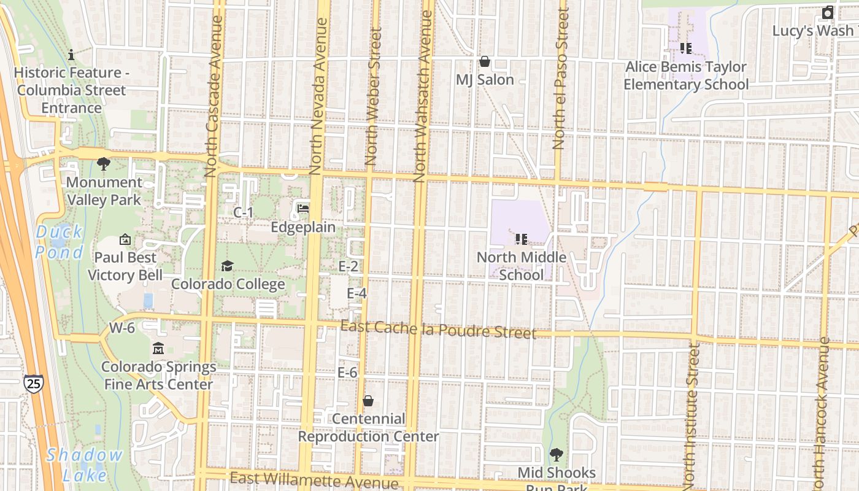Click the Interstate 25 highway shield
point(34,384)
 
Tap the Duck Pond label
point(59,242)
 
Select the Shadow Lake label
point(84,465)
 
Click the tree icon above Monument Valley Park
point(104,164)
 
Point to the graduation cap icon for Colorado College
point(227,266)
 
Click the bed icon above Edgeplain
point(303,209)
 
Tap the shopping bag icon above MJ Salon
point(484,61)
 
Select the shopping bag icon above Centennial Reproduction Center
point(368,401)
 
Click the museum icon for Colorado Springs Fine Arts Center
point(158,349)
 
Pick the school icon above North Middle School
point(521,239)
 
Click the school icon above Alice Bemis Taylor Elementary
point(685,48)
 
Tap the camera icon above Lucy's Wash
point(828,12)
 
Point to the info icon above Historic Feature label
point(71,55)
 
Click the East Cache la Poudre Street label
point(438,330)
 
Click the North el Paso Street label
point(560,78)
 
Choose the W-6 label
point(121,328)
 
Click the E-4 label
point(356,293)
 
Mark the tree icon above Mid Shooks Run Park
point(556,455)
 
